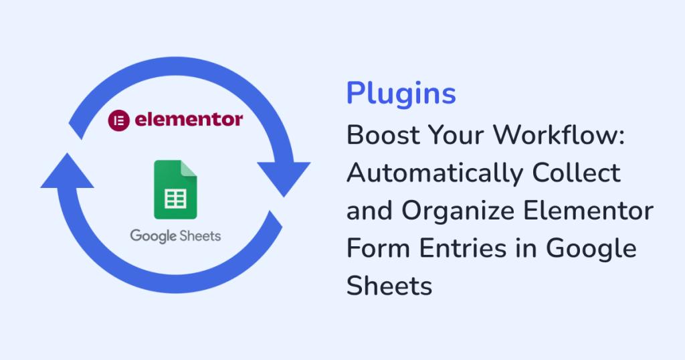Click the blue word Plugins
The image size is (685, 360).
401,94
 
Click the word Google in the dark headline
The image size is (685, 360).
591,249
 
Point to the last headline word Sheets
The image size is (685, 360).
389,286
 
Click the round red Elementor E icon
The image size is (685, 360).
118,121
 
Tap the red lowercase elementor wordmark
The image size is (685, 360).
189,120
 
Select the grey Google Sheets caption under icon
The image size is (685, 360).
175,236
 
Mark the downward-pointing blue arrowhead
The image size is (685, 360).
284,175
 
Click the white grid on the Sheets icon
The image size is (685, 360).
175,199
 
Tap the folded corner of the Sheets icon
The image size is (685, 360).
190,168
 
